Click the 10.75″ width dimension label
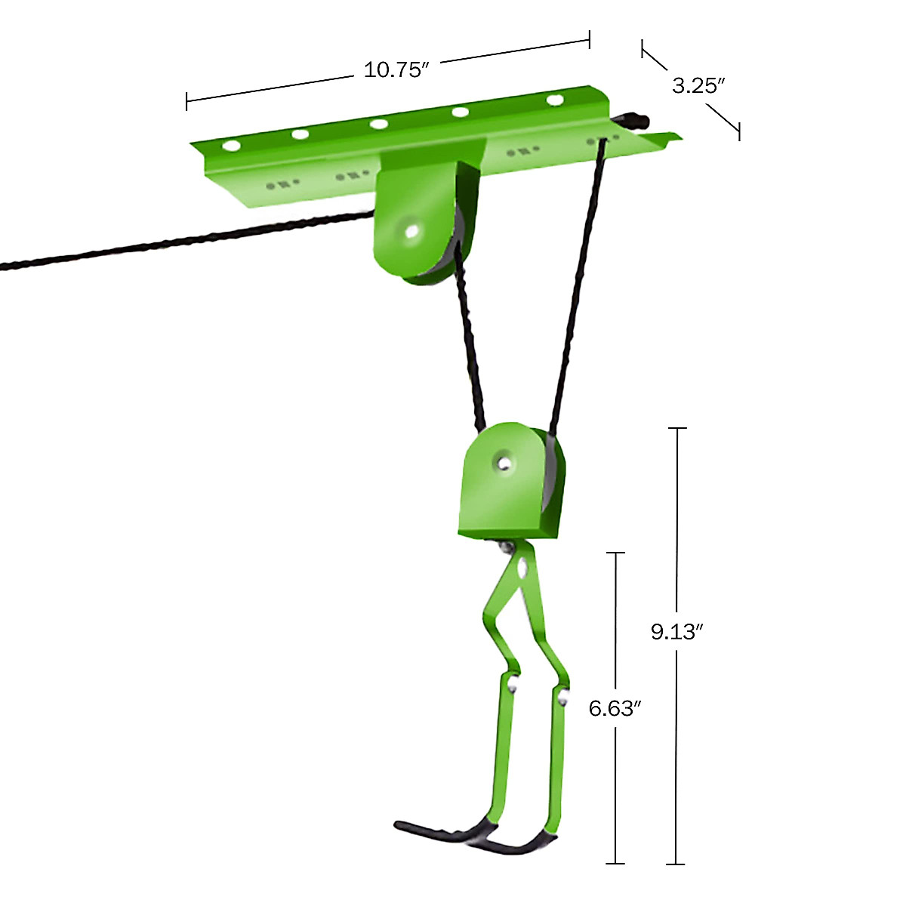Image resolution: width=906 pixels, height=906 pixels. click(x=396, y=70)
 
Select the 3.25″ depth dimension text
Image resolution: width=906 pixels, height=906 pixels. click(x=698, y=85)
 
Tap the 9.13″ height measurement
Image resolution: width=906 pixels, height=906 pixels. click(x=676, y=631)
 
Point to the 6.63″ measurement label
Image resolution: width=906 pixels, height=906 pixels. click(x=615, y=708)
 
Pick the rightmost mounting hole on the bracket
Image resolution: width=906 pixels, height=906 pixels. click(x=555, y=100)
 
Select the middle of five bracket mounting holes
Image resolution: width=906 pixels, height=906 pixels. click(x=379, y=124)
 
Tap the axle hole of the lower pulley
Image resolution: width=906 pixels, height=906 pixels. click(x=503, y=461)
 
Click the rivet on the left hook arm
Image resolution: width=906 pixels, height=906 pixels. click(x=513, y=686)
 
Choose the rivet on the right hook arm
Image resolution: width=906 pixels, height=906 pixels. click(x=563, y=695)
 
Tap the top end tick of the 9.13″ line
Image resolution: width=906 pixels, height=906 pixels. click(x=676, y=428)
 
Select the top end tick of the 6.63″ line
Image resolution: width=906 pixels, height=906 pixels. click(x=615, y=553)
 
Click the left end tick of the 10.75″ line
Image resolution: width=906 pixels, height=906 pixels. click(x=186, y=101)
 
